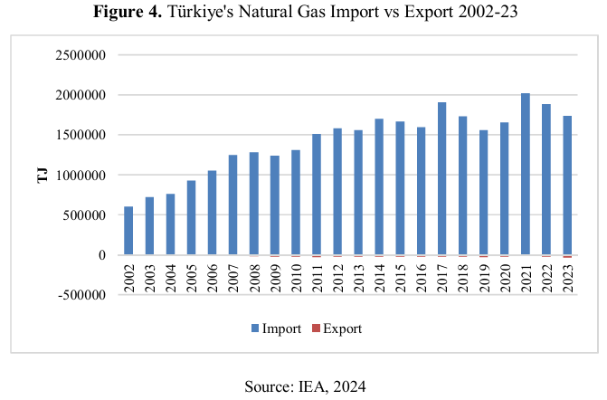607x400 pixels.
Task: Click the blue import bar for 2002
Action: (x=128, y=231)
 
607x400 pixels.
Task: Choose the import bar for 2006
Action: (x=213, y=213)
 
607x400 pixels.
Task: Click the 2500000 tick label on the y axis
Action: (x=80, y=55)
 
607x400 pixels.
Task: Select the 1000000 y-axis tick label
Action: (x=80, y=175)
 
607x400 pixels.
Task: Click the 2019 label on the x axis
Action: (x=484, y=275)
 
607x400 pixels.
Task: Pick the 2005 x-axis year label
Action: (x=191, y=275)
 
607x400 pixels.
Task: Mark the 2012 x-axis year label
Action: (x=337, y=275)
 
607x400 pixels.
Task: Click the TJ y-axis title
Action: (x=42, y=175)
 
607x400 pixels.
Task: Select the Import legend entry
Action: (x=275, y=329)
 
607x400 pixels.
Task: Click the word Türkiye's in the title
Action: (x=232, y=13)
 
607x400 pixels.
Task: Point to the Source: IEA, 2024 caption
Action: (x=304, y=386)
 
